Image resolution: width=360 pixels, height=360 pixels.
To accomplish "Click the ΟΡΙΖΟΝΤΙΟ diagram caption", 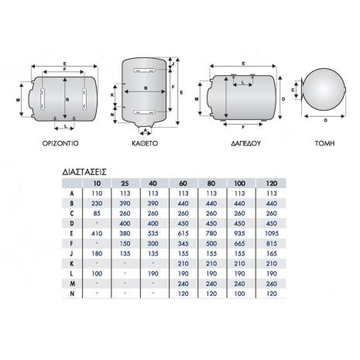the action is pyautogui.click(x=60, y=143).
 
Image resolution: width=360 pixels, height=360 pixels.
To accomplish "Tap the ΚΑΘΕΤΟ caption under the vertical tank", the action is pyautogui.click(x=145, y=143).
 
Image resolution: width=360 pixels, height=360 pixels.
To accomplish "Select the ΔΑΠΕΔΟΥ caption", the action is pyautogui.click(x=246, y=143).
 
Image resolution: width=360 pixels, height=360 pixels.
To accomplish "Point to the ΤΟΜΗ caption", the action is pyautogui.click(x=325, y=143).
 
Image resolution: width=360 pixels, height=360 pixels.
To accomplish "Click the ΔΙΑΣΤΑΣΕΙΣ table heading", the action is pyautogui.click(x=84, y=172).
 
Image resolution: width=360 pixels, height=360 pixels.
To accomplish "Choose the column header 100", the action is pyautogui.click(x=239, y=183).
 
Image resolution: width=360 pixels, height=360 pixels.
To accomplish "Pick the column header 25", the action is pyautogui.click(x=125, y=183).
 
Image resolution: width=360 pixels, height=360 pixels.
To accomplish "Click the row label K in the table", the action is pyautogui.click(x=72, y=264).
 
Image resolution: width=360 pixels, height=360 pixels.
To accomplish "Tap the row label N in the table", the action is pyautogui.click(x=72, y=293).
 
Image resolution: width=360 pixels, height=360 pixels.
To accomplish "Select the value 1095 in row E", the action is pyautogui.click(x=272, y=234).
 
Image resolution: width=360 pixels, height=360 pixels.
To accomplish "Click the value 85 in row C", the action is pyautogui.click(x=97, y=214).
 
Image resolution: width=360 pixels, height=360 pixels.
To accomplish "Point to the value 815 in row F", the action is pyautogui.click(x=272, y=244).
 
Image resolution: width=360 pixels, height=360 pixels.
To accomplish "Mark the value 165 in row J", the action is pyautogui.click(x=272, y=254).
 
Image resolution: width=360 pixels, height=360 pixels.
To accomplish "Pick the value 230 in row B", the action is pyautogui.click(x=97, y=204).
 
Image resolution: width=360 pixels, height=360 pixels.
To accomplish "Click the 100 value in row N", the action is pyautogui.click(x=239, y=293).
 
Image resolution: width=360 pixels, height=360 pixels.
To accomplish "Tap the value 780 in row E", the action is pyautogui.click(x=211, y=234).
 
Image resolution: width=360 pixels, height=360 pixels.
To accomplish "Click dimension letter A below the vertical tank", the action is pyautogui.click(x=145, y=130).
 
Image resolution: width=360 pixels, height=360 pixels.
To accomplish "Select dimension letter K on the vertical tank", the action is pyautogui.click(x=112, y=95).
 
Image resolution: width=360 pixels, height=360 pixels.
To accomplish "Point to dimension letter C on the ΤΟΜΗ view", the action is pyautogui.click(x=293, y=90).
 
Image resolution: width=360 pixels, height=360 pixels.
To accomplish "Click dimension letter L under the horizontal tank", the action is pyautogui.click(x=66, y=126).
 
